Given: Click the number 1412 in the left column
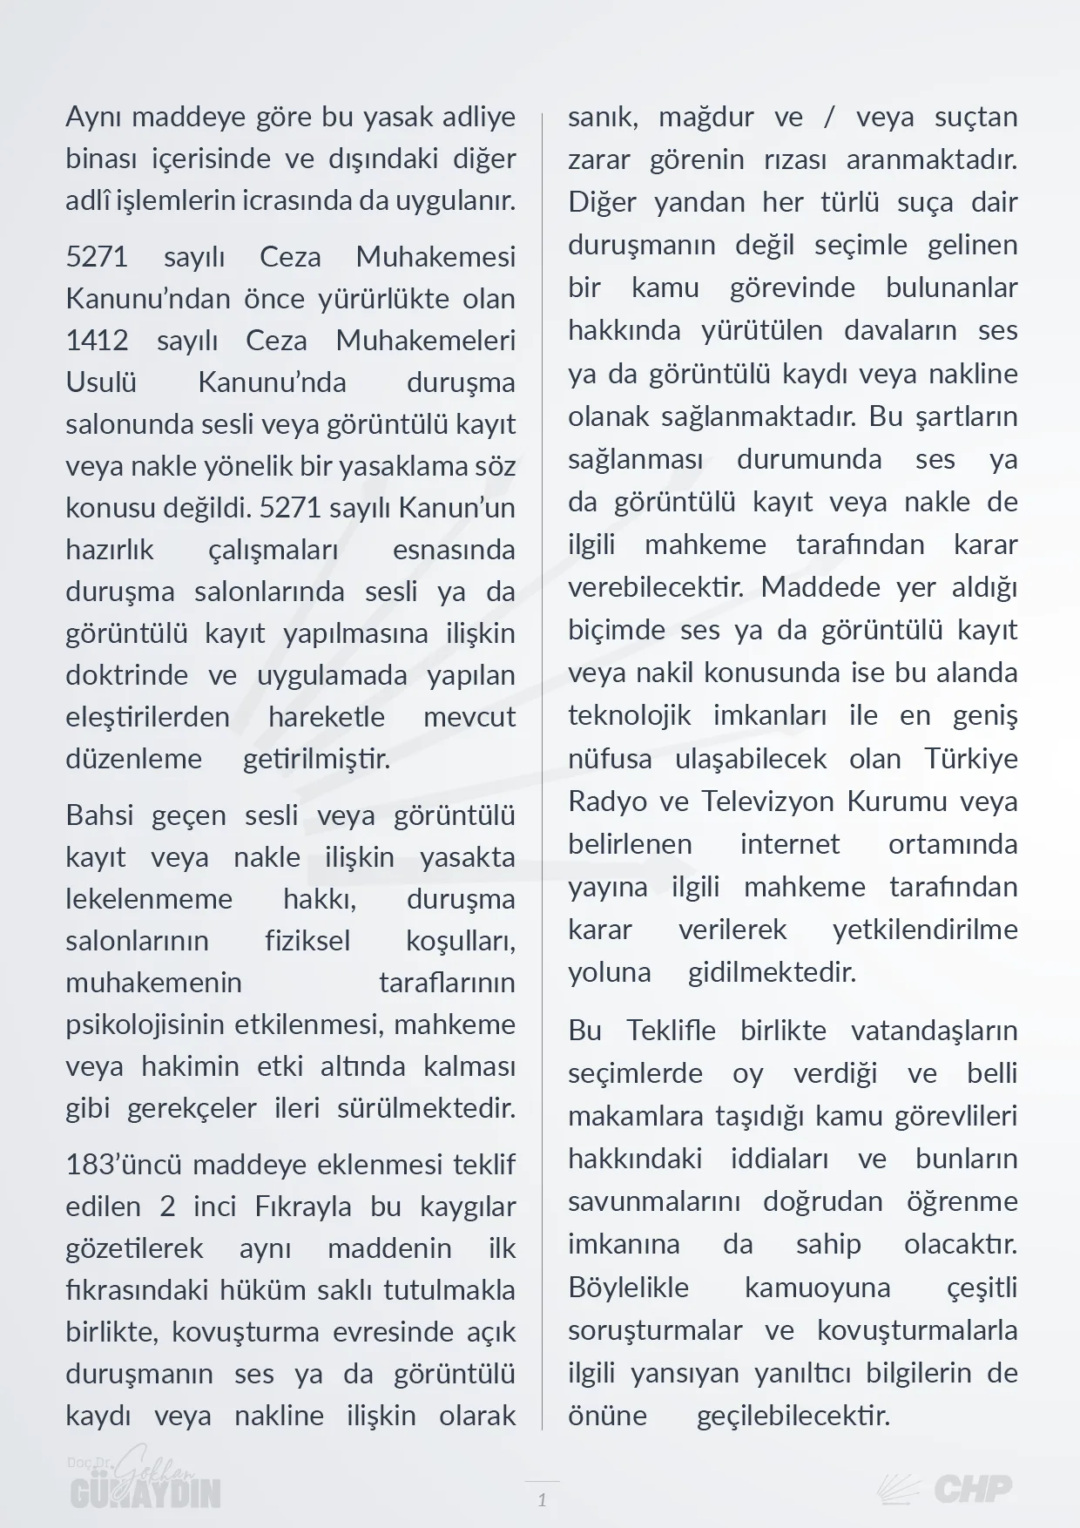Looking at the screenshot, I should pyautogui.click(x=97, y=341).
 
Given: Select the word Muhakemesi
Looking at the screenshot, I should pyautogui.click(x=435, y=257).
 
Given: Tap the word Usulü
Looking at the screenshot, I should pyautogui.click(x=101, y=382).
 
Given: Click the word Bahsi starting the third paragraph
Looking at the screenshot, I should pyautogui.click(x=99, y=816).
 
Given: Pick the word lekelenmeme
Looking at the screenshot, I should pyautogui.click(x=149, y=899).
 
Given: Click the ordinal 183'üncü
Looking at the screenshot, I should pyautogui.click(x=123, y=1166).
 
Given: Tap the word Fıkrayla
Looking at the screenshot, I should pyautogui.click(x=303, y=1207).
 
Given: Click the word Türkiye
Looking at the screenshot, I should pyautogui.click(x=971, y=759).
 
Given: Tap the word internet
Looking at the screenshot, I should pyautogui.click(x=790, y=844).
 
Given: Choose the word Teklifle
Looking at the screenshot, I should pyautogui.click(x=671, y=1031).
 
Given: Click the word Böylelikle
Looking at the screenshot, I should pyautogui.click(x=628, y=1288).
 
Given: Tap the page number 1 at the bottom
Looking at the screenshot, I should pyautogui.click(x=542, y=1499).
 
